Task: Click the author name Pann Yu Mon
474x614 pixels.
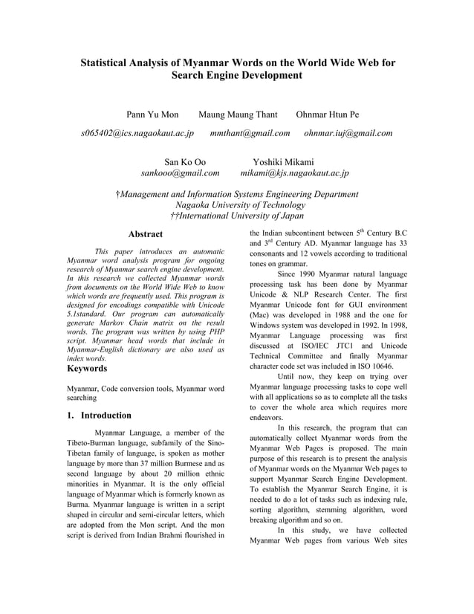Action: [152, 114]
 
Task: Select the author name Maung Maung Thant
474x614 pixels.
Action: [238, 114]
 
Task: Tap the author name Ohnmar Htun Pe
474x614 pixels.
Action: [328, 114]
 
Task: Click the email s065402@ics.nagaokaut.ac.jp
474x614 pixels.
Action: [137, 133]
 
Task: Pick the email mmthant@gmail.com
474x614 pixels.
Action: [250, 133]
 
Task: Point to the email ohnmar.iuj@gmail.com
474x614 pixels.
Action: [348, 133]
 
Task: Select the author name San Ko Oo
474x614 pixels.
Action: [185, 162]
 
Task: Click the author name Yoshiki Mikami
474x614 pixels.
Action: [283, 162]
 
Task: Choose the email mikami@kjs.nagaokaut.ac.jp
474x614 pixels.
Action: [294, 173]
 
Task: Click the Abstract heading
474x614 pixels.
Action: [146, 234]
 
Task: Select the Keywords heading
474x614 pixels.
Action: [87, 368]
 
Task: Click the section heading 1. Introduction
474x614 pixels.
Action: [99, 416]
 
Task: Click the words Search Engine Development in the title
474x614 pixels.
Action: [237, 75]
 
